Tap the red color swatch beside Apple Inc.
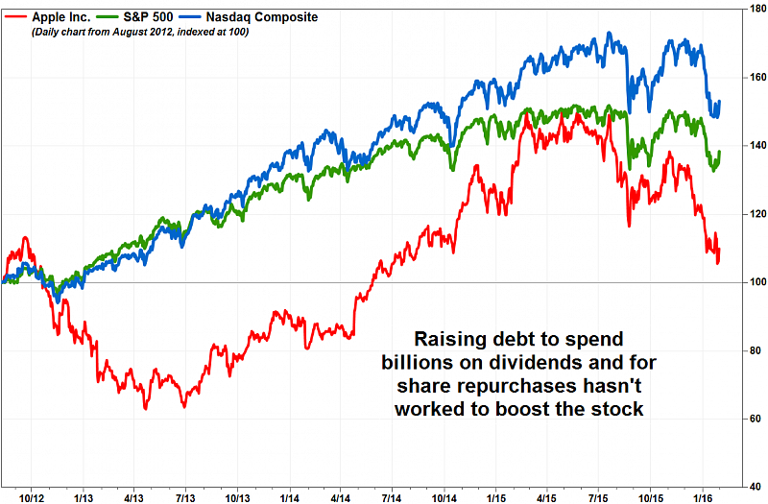tap(13, 17)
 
